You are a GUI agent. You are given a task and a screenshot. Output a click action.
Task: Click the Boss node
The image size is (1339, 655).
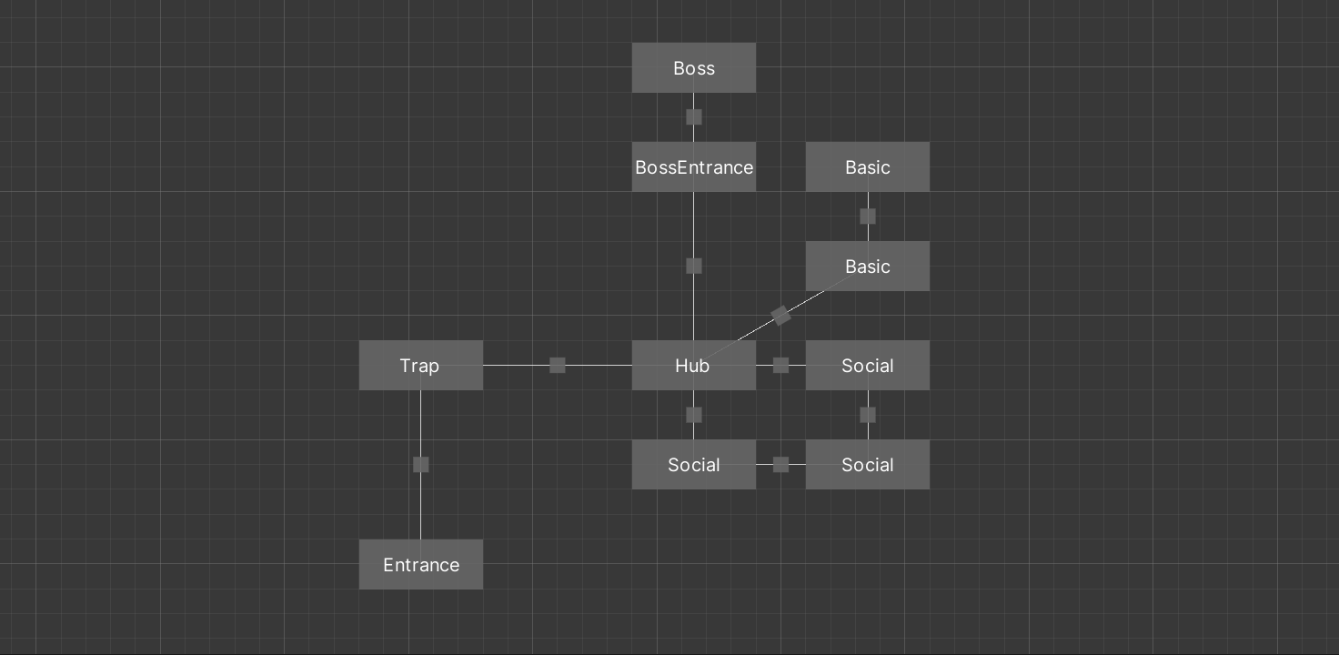point(694,68)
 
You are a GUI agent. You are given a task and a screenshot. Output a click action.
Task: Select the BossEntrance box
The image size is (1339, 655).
point(694,167)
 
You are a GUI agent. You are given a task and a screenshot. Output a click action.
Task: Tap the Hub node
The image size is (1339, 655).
point(694,366)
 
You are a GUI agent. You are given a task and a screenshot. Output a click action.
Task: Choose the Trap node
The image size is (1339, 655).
point(420,366)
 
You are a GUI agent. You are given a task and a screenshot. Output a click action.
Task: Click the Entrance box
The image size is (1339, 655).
point(420,565)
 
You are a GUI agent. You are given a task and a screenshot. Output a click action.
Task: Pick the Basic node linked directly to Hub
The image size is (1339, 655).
point(867,267)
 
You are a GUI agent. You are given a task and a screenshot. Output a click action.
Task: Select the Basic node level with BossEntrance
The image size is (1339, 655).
point(867,167)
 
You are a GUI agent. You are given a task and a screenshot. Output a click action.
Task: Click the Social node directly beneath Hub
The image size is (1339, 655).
point(694,465)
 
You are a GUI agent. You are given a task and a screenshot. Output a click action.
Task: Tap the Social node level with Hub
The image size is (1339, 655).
point(867,366)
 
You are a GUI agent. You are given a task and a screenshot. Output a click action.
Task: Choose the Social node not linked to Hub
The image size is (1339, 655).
point(867,465)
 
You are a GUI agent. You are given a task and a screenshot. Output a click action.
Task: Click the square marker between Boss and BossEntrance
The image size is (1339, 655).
point(694,117)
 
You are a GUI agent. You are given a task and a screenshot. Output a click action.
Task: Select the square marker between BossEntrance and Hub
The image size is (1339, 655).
point(694,266)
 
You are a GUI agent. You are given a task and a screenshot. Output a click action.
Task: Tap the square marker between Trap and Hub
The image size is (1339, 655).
point(558,366)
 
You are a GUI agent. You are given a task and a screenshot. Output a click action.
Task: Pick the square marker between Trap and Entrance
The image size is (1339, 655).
point(420,465)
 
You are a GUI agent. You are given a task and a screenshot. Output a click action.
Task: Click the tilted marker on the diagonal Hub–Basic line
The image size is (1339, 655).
point(780,316)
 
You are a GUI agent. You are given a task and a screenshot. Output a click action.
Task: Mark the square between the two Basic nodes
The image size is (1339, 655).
point(867,217)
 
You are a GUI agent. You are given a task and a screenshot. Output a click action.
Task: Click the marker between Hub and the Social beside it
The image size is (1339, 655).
point(780,366)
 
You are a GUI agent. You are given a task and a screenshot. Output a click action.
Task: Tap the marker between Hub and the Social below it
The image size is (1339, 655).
point(694,415)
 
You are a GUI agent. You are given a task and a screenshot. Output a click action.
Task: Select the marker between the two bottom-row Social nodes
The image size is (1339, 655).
point(780,465)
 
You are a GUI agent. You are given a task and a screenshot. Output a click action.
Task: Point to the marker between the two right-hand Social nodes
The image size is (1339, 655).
point(867,415)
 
